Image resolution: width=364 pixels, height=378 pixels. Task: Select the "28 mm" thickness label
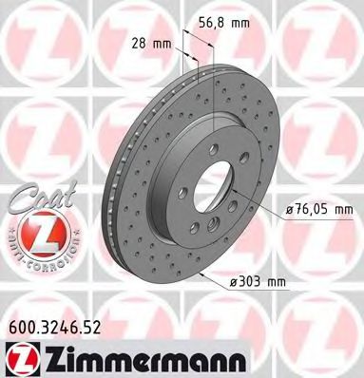click(144, 42)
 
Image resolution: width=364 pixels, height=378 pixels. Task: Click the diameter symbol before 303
click(233, 282)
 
